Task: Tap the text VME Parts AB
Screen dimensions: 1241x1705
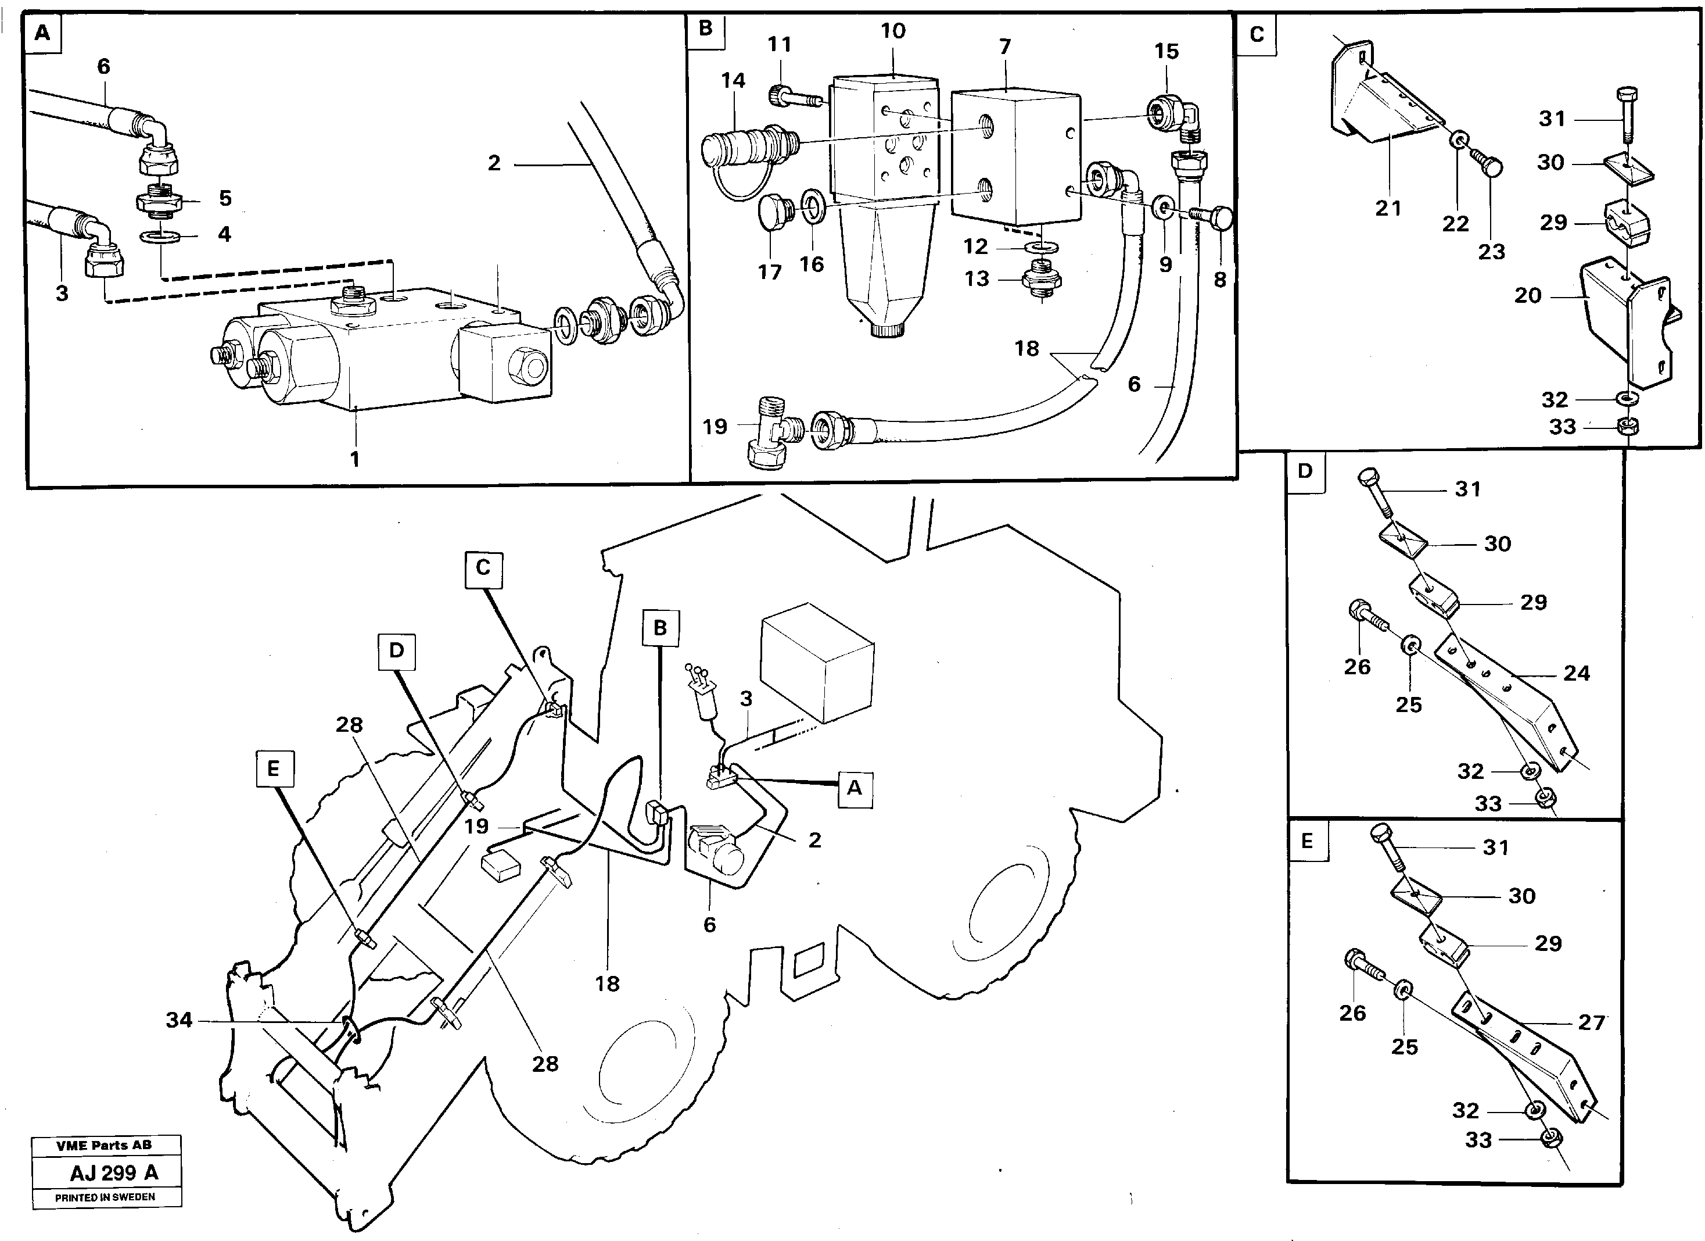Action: point(104,1145)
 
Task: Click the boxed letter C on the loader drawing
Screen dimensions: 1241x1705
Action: point(483,568)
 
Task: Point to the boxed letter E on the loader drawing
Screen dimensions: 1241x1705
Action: point(274,768)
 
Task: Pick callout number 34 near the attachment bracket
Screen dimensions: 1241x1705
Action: point(179,1021)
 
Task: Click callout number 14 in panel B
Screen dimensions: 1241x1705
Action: point(733,80)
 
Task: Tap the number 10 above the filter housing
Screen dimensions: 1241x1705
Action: point(893,31)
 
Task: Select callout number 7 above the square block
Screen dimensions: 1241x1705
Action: point(1005,47)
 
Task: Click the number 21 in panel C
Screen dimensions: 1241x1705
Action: point(1388,208)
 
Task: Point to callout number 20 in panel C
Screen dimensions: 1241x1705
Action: point(1528,296)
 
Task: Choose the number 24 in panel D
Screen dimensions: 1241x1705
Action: point(1577,673)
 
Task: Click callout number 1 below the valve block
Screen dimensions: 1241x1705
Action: point(355,459)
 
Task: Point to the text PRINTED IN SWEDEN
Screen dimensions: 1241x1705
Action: point(105,1197)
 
